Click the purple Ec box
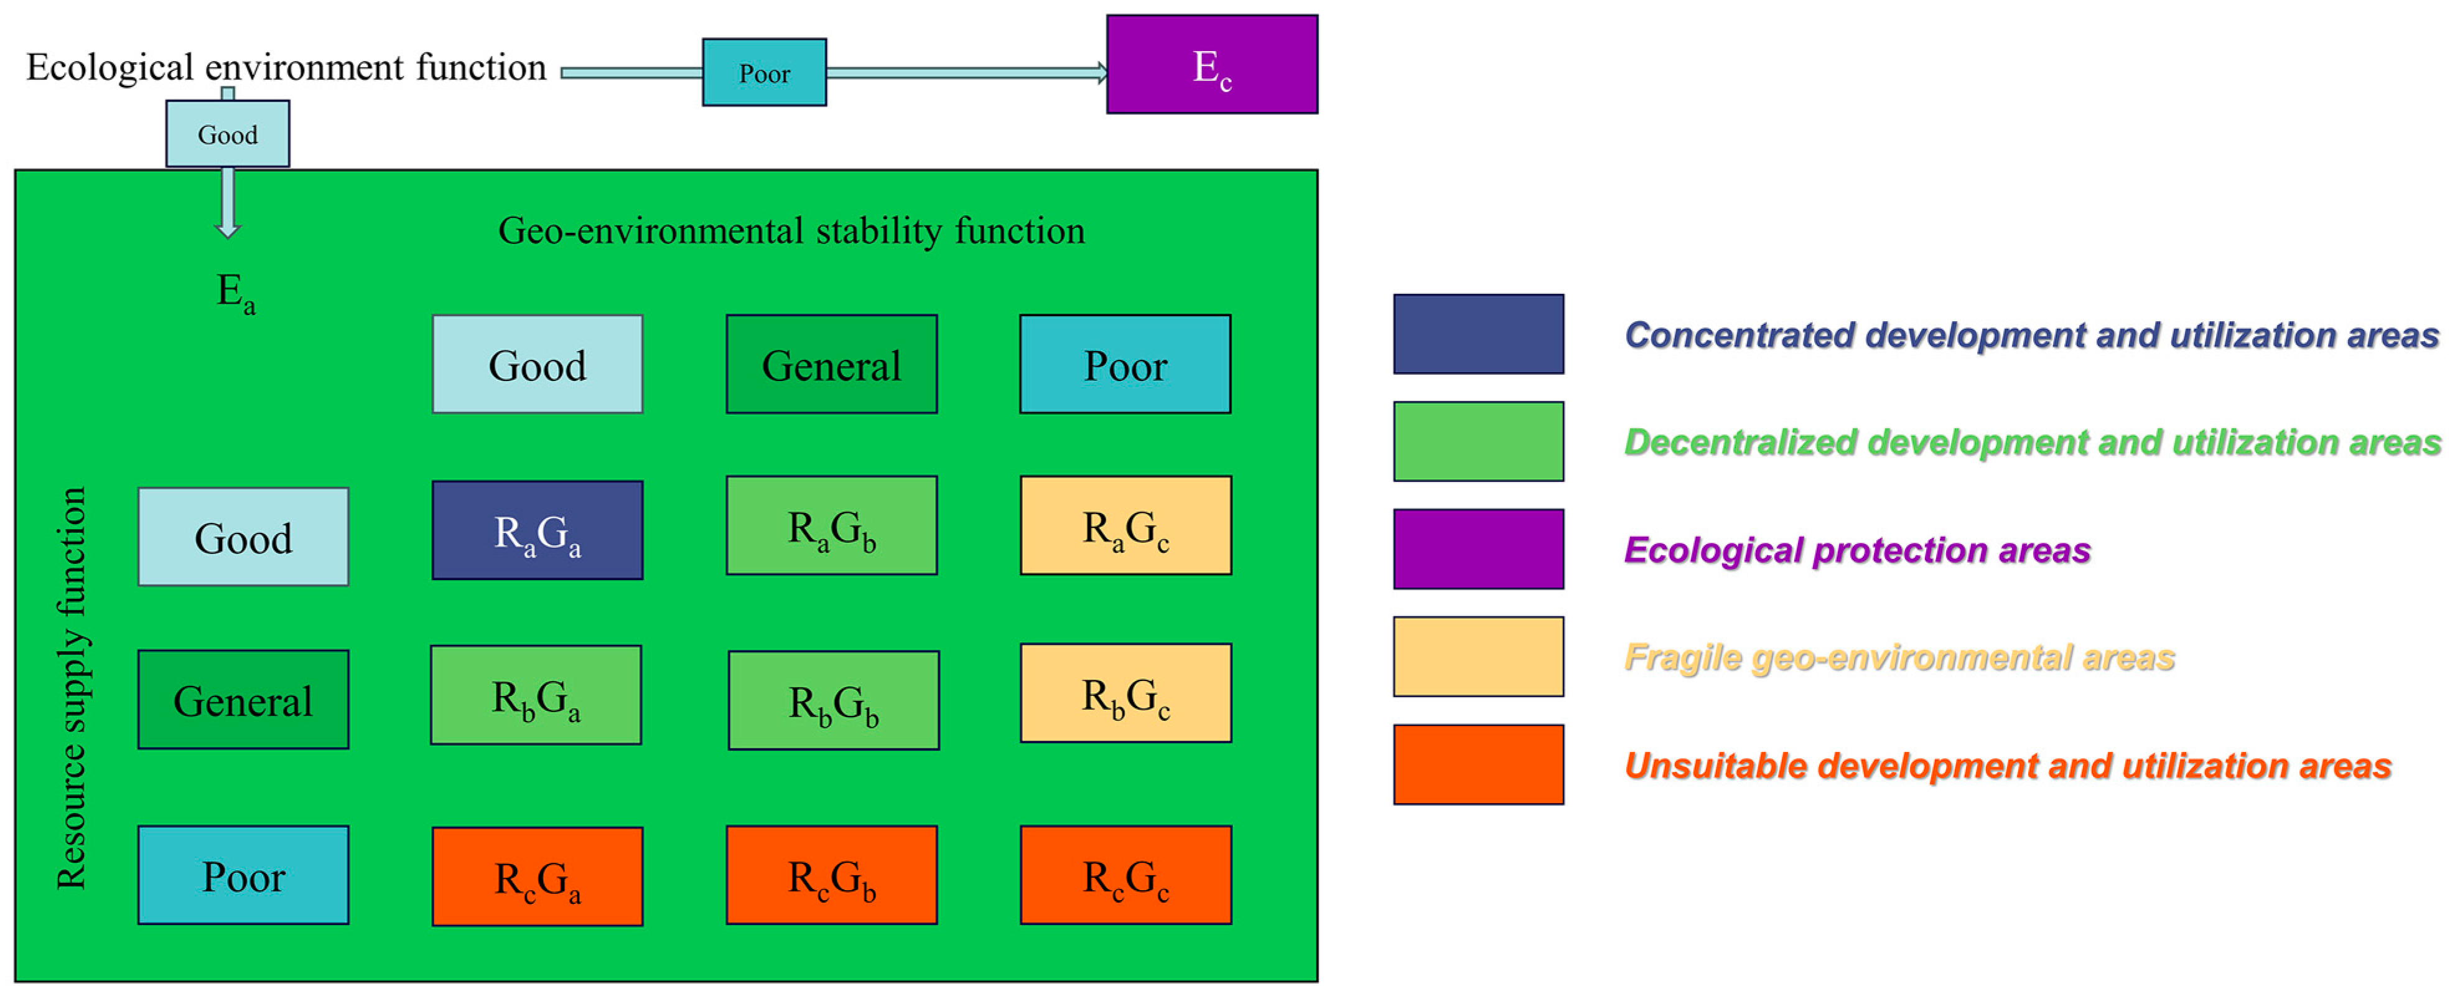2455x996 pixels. [1211, 65]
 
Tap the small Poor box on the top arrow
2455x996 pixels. [765, 72]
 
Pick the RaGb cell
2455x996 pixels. [831, 525]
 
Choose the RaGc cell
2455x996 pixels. [1125, 525]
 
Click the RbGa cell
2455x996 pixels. [536, 695]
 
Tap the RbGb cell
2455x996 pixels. [833, 700]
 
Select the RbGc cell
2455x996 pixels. [1125, 693]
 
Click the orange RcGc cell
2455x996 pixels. [1125, 875]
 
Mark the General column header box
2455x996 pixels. [831, 364]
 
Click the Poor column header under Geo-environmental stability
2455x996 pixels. [1125, 364]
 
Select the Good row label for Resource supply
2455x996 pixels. [243, 537]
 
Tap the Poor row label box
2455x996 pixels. [243, 875]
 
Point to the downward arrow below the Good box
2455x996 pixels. [228, 203]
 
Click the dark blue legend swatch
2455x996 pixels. [1478, 334]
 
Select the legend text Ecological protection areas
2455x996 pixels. [1856, 550]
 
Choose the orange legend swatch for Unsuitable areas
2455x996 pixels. [1478, 764]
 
